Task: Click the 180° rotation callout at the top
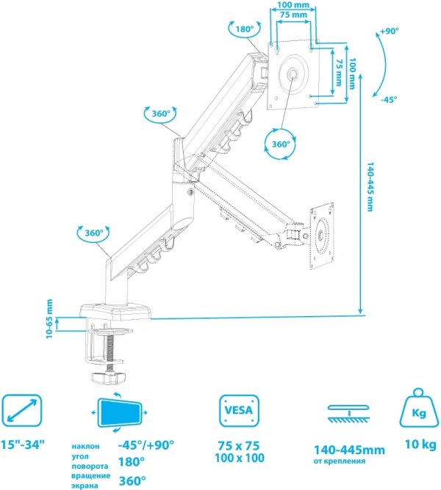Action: tap(244, 29)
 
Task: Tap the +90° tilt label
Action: tap(390, 32)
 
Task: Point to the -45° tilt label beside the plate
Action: tap(389, 99)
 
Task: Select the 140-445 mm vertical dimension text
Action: tap(370, 186)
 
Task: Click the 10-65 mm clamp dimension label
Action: tap(49, 319)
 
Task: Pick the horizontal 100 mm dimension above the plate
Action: tap(293, 5)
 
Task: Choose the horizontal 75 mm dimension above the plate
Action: tap(293, 15)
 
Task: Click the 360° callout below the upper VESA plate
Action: tap(280, 144)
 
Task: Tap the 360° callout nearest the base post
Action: tap(93, 233)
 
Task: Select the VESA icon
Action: tap(240, 410)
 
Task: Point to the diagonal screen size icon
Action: tap(22, 410)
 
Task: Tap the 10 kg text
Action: tap(420, 444)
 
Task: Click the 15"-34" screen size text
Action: tap(23, 445)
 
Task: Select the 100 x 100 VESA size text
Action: tap(240, 458)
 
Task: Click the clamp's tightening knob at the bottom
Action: tap(108, 378)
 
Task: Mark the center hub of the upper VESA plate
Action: tap(293, 74)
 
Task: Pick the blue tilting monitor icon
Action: tap(120, 412)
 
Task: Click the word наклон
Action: tap(85, 446)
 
